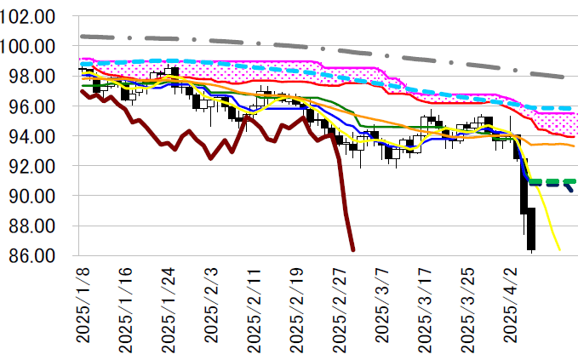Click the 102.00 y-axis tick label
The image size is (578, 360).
coord(29,17)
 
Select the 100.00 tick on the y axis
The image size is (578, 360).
coord(29,47)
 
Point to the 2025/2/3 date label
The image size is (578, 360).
coord(211,306)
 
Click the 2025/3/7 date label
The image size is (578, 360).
coord(381,306)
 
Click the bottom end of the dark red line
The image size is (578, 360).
coord(353,249)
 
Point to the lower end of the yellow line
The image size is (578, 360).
coord(559,249)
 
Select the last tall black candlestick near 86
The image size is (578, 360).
coord(531,230)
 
